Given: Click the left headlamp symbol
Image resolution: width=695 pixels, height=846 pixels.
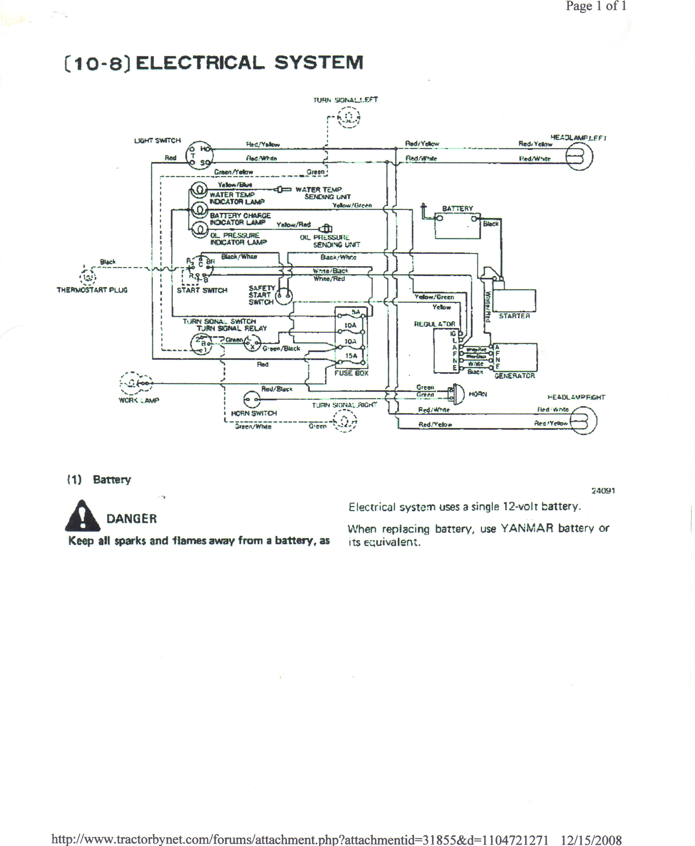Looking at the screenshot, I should [579, 156].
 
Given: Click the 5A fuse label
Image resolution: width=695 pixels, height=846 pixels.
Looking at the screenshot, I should [355, 312].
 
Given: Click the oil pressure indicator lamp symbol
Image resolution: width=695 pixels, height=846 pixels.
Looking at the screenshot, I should [199, 229].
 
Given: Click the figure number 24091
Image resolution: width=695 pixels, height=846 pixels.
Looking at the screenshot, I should [603, 491].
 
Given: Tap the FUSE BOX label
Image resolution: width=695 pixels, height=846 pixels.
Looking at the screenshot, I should [351, 373].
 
